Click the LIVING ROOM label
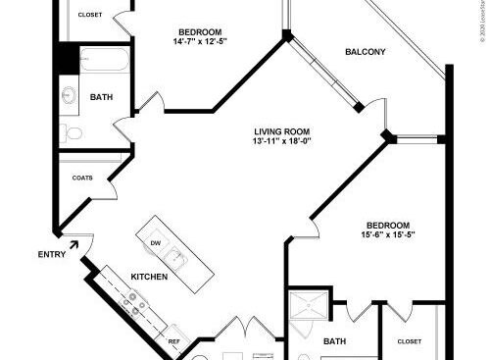281,130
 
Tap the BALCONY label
365,52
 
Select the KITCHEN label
149,277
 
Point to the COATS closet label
82,179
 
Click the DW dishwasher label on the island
155,242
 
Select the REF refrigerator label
174,341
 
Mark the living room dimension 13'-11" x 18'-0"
281,141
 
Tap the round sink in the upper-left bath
70,96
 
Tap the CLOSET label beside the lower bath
410,341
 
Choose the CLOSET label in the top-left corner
90,15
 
